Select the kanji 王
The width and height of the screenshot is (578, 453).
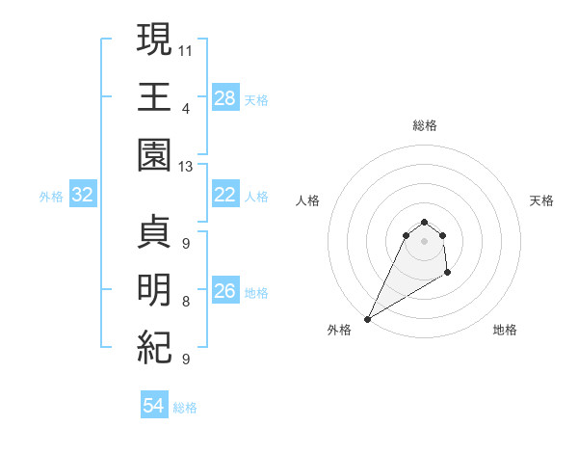tap(154, 96)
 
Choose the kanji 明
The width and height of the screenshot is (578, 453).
tap(154, 290)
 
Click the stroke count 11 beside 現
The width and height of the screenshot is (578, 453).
tap(186, 49)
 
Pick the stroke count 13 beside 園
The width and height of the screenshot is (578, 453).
tap(186, 167)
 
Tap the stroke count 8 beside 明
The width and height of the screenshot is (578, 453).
tap(186, 302)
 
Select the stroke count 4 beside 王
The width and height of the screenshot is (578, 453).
tap(185, 107)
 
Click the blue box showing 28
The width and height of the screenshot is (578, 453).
tap(224, 98)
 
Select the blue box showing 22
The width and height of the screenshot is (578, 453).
tap(224, 196)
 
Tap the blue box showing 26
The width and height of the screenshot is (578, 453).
tap(224, 291)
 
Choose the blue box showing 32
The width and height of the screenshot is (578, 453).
tap(83, 196)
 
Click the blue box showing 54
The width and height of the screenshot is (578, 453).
tap(153, 407)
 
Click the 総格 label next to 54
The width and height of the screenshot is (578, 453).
tap(185, 408)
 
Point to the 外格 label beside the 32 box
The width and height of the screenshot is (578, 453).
tap(51, 197)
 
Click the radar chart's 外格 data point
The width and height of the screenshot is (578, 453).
tap(367, 319)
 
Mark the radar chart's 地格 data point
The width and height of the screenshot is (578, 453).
tap(448, 274)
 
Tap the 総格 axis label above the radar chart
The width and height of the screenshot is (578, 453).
tap(424, 125)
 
